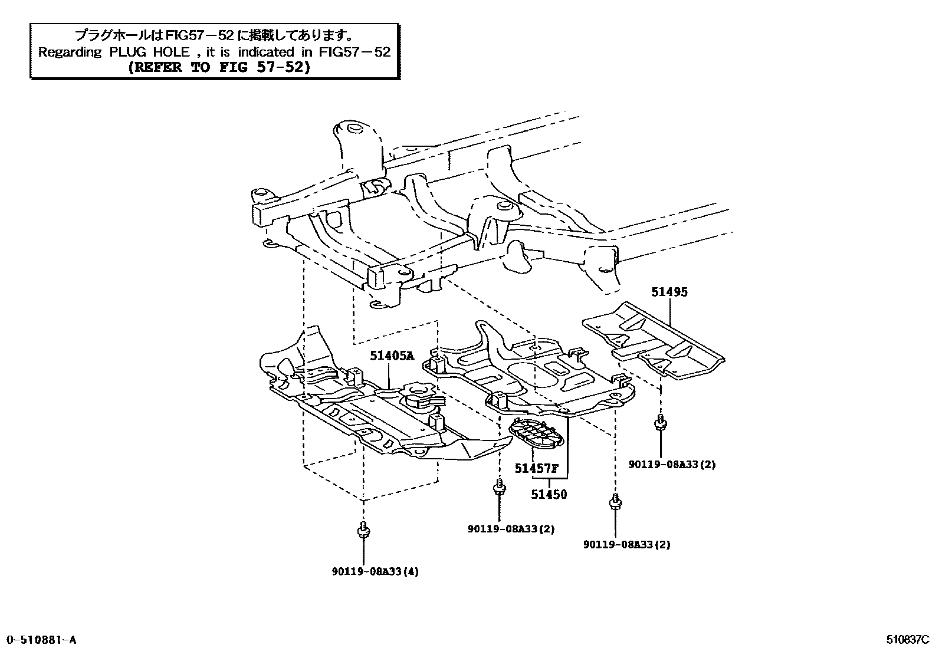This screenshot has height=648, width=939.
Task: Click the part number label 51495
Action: click(x=669, y=292)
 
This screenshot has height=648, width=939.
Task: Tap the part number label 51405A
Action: click(x=392, y=356)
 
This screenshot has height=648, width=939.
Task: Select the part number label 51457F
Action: click(x=536, y=469)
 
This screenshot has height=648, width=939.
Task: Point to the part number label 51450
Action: click(x=549, y=495)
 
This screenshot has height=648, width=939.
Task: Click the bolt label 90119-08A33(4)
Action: click(x=375, y=571)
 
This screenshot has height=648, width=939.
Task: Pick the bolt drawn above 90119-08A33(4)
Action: click(x=363, y=530)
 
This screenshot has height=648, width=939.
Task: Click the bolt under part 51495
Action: click(x=661, y=424)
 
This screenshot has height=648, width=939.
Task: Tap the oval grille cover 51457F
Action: click(x=536, y=432)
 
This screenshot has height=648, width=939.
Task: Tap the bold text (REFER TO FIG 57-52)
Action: click(x=219, y=67)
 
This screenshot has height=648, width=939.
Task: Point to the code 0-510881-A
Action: click(x=41, y=640)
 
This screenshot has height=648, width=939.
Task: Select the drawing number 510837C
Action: click(x=907, y=640)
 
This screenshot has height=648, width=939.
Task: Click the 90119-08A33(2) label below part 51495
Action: click(x=672, y=465)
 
